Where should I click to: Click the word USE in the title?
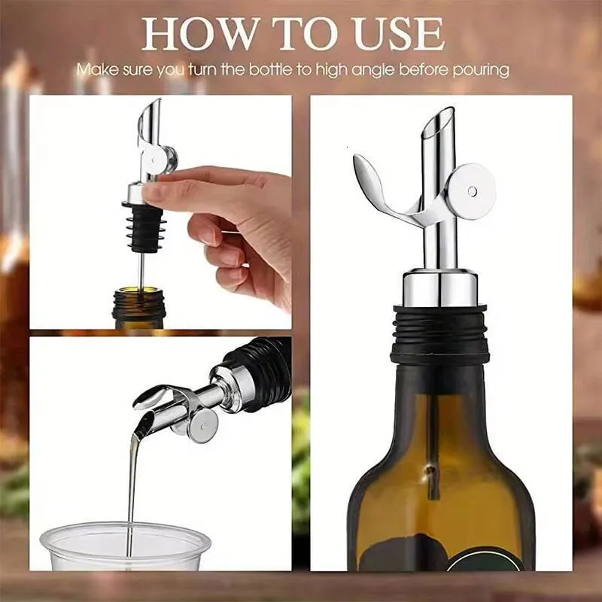(x=399, y=35)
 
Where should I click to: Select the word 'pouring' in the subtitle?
(x=482, y=70)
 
